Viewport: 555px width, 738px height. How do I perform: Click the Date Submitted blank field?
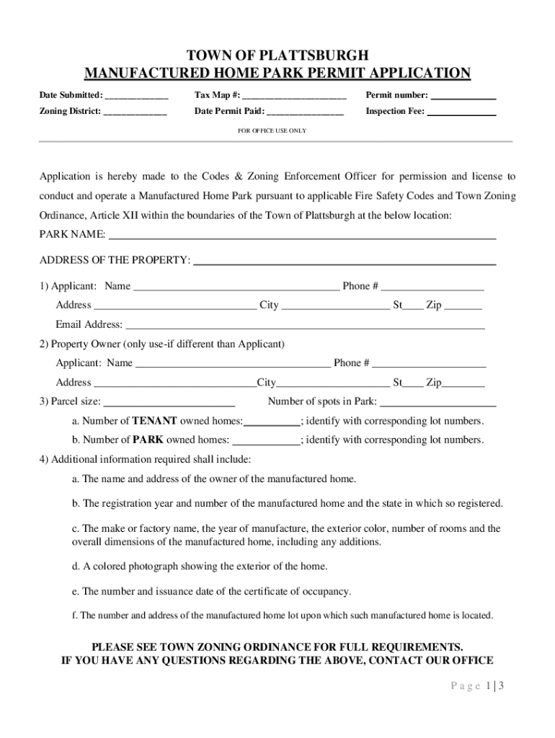point(137,96)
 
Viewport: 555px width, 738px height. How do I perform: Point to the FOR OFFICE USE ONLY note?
point(272,131)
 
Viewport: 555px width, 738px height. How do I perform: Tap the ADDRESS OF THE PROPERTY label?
point(115,259)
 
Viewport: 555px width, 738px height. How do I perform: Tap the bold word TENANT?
point(154,421)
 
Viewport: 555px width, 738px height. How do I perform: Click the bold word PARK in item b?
point(148,440)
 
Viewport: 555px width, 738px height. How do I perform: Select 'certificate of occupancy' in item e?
point(293,592)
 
